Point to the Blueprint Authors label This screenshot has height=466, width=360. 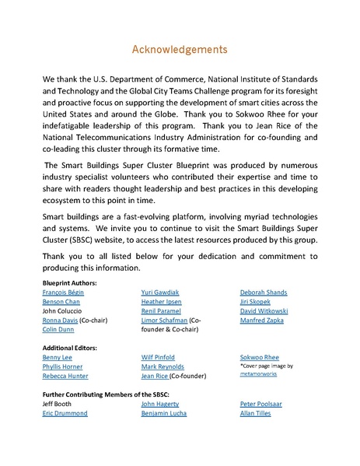coord(70,282)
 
